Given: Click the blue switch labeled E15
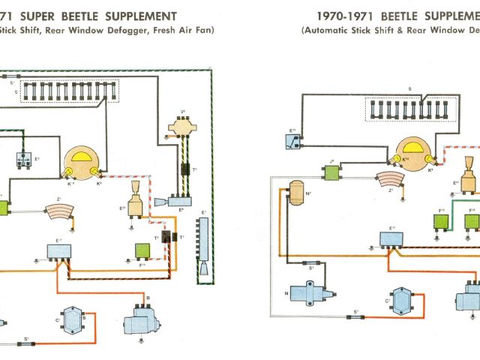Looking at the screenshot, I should pyautogui.click(x=292, y=139).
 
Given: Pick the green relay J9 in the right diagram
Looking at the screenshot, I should pyautogui.click(x=331, y=171).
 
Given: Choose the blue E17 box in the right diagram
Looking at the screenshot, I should pyautogui.click(x=391, y=239).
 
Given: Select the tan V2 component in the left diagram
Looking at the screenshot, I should pyautogui.click(x=182, y=128).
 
